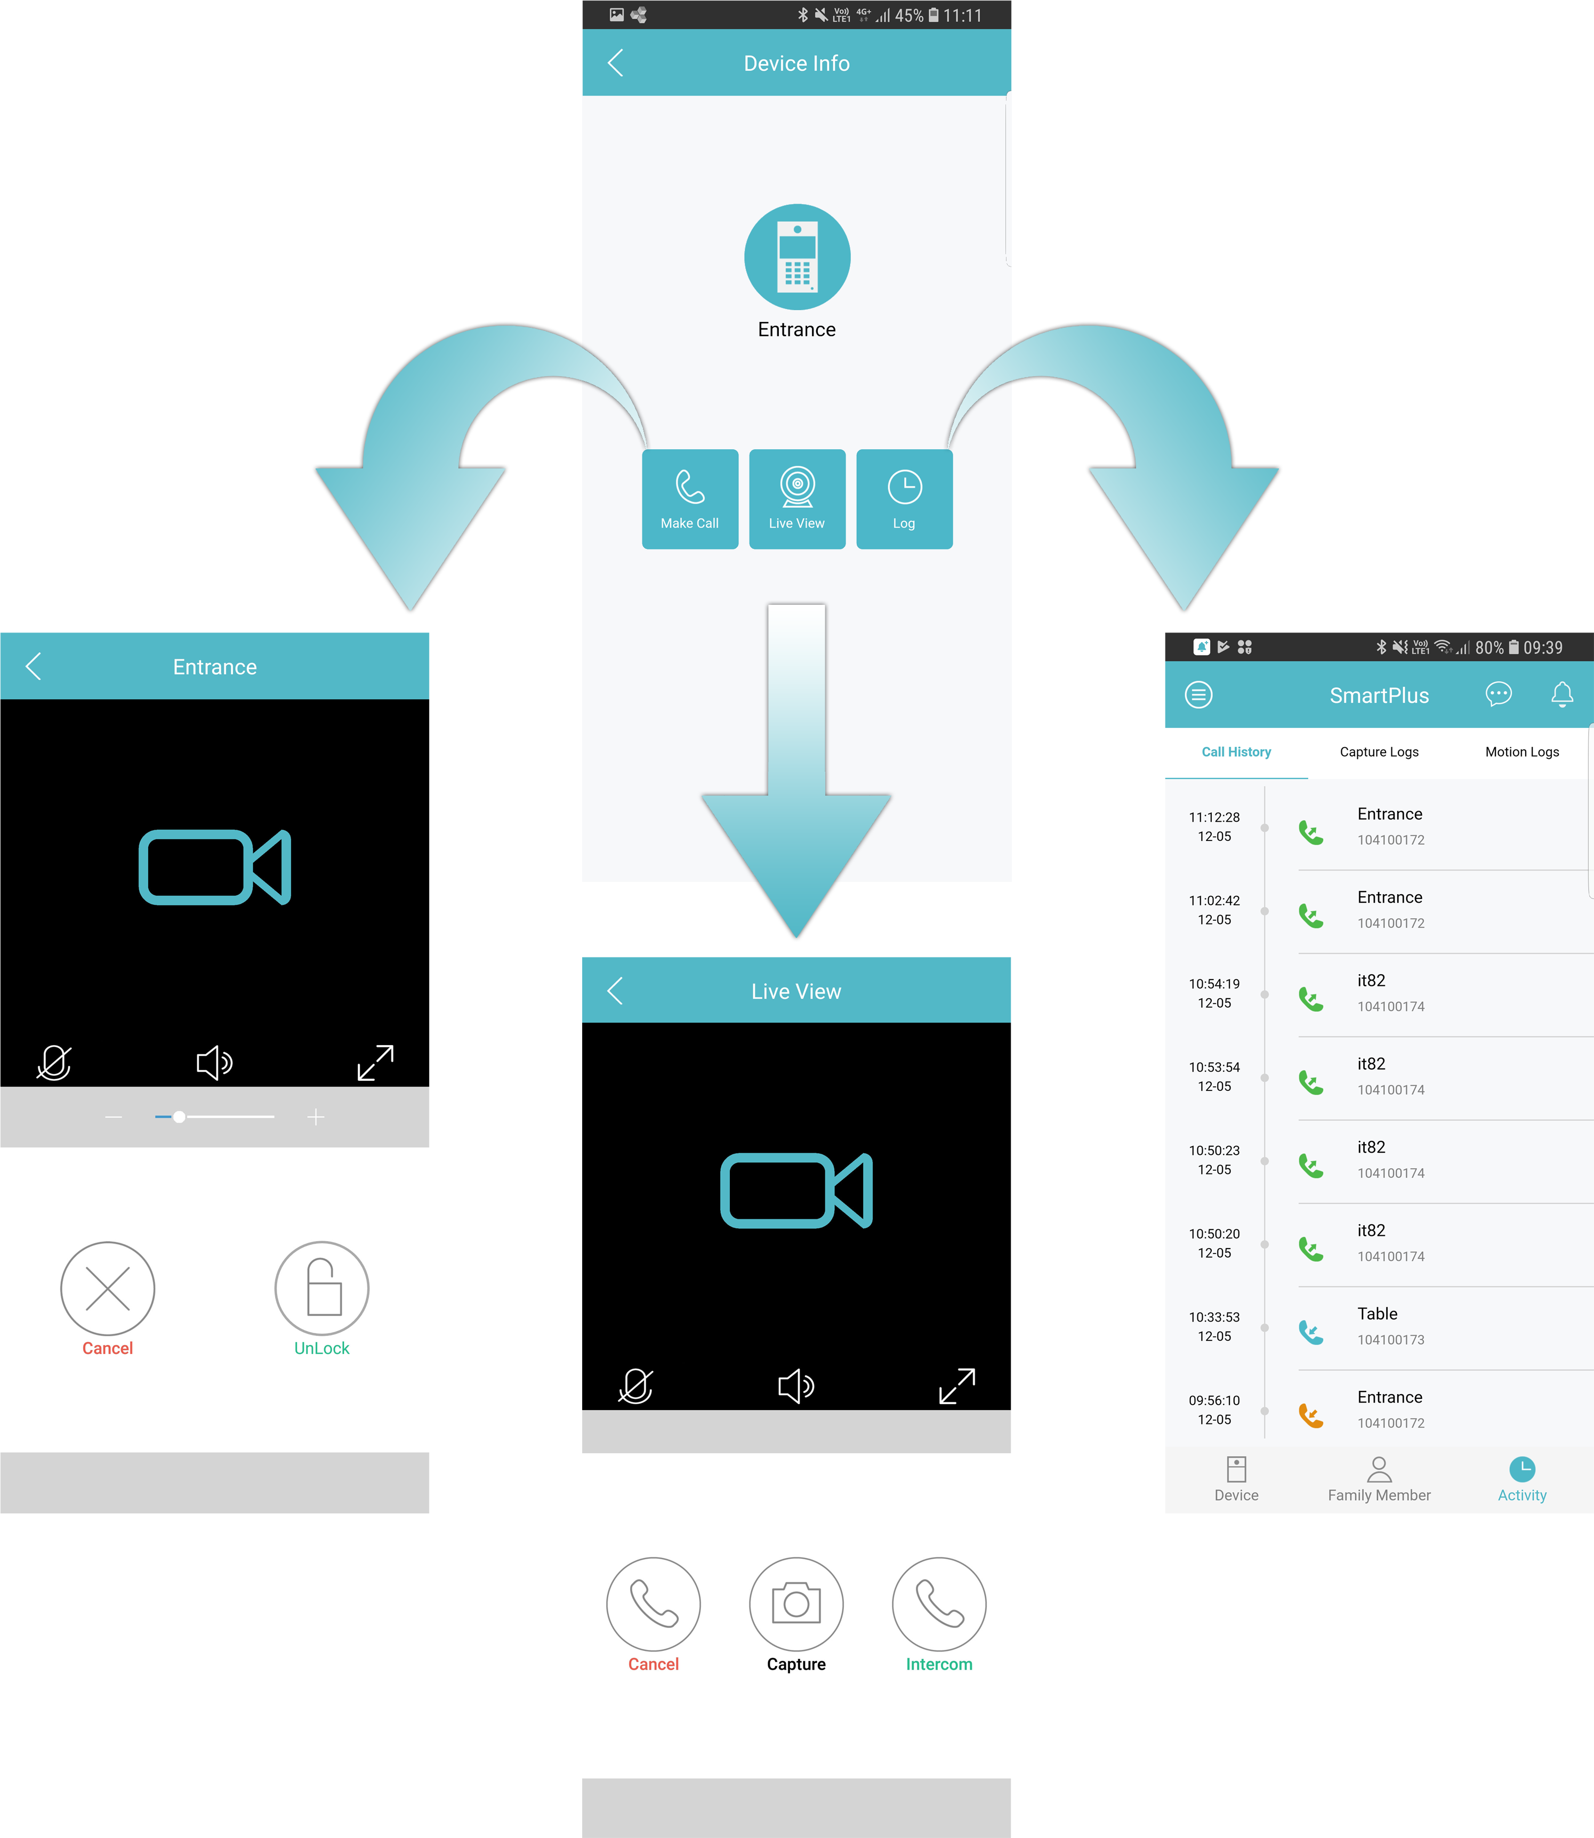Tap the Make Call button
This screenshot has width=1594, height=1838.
(x=690, y=499)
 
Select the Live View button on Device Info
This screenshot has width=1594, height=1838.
(x=797, y=499)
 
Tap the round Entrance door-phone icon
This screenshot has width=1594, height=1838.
(x=797, y=257)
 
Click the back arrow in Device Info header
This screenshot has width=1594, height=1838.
(x=616, y=63)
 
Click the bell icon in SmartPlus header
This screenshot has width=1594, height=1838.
(x=1562, y=694)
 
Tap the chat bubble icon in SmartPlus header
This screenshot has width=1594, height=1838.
(x=1499, y=694)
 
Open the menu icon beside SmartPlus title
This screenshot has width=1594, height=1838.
(x=1199, y=694)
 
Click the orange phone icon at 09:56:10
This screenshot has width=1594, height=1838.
(x=1311, y=1415)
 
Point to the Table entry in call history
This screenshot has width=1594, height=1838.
(x=1377, y=1314)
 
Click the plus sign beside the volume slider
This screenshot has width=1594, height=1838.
(x=316, y=1117)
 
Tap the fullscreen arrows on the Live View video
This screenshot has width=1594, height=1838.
(x=957, y=1386)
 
